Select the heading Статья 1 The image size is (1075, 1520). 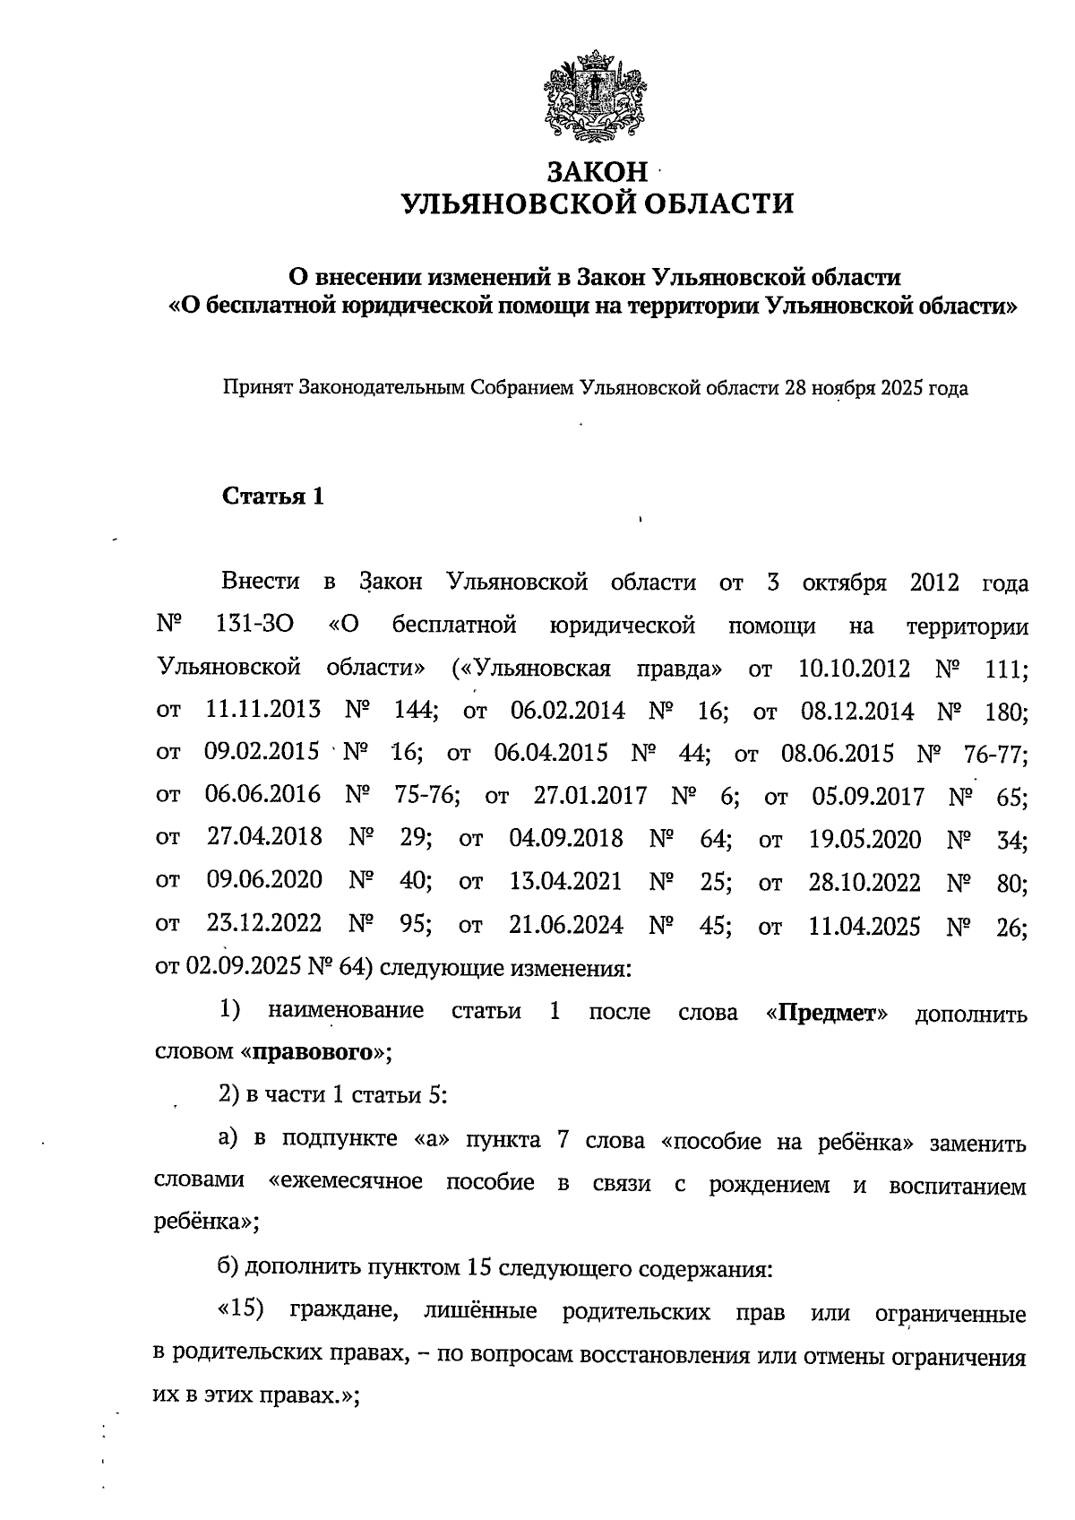point(272,497)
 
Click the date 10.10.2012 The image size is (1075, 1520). point(853,669)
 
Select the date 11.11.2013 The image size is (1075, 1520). point(262,711)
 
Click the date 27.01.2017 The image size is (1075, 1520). point(589,796)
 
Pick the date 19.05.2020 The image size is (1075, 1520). point(864,839)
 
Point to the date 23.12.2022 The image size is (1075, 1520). point(264,924)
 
